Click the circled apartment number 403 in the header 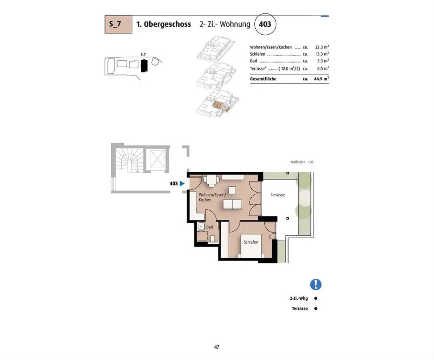click(x=265, y=24)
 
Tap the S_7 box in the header click(x=118, y=24)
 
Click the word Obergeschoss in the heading click(x=167, y=24)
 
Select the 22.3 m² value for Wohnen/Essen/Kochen click(x=322, y=47)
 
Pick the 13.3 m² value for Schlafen click(x=322, y=54)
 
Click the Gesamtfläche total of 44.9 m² click(x=322, y=79)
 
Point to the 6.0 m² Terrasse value click(x=323, y=69)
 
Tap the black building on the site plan click(x=144, y=66)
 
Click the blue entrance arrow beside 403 click(x=182, y=183)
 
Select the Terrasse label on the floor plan click(x=278, y=195)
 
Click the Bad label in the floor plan click(x=209, y=227)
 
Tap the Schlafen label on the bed click(x=251, y=242)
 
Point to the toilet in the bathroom click(x=213, y=239)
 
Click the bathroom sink click(x=201, y=226)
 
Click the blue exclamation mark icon click(x=316, y=284)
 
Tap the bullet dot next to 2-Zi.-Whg click(x=316, y=298)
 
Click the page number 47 click(x=217, y=347)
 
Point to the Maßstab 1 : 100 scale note click(x=302, y=162)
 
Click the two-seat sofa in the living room click(x=233, y=205)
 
